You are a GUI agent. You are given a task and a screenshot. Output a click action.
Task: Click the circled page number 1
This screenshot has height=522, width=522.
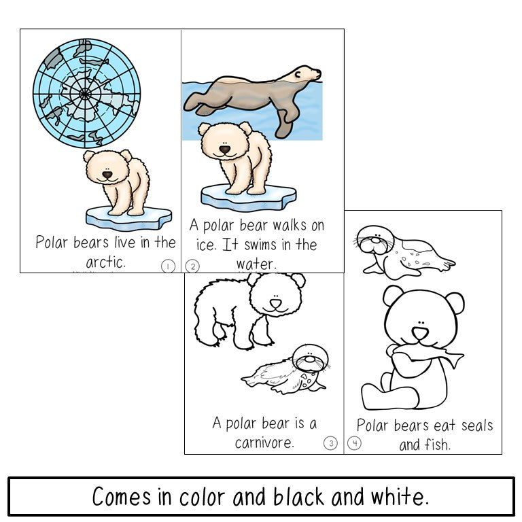(168, 266)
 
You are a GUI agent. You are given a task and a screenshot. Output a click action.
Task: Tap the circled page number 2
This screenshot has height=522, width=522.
(192, 266)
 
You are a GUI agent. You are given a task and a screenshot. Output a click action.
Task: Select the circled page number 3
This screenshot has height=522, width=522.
(330, 443)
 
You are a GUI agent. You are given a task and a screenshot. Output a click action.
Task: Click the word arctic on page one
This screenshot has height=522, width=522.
(105, 262)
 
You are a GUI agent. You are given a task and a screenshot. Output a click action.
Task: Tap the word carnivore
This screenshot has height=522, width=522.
(264, 443)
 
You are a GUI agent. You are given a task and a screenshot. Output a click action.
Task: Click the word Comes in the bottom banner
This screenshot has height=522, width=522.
(122, 497)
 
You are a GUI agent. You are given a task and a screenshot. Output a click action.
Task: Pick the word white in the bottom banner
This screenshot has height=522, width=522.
(402, 497)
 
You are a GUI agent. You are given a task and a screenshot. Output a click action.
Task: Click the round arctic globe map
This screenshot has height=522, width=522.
(86, 92)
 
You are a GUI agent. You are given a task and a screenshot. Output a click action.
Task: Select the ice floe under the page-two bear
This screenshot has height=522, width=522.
(248, 197)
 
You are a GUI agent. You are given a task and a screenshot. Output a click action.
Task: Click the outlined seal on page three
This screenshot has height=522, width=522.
(289, 370)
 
